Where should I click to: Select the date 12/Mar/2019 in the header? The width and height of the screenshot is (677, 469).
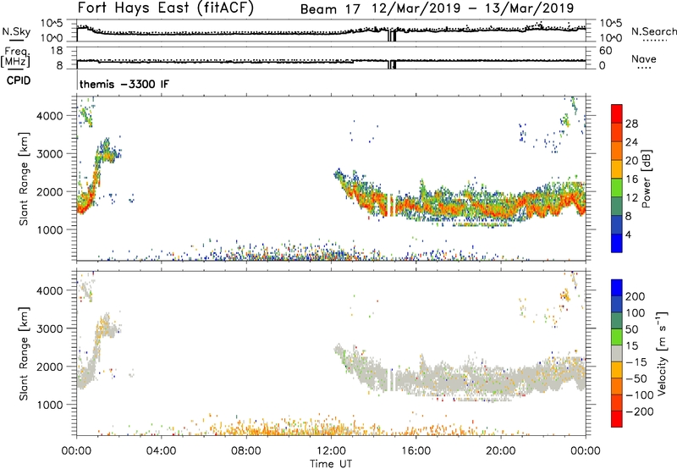click(414, 8)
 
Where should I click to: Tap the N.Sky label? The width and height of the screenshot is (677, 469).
click(13, 32)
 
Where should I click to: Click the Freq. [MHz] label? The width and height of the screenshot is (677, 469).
click(14, 55)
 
